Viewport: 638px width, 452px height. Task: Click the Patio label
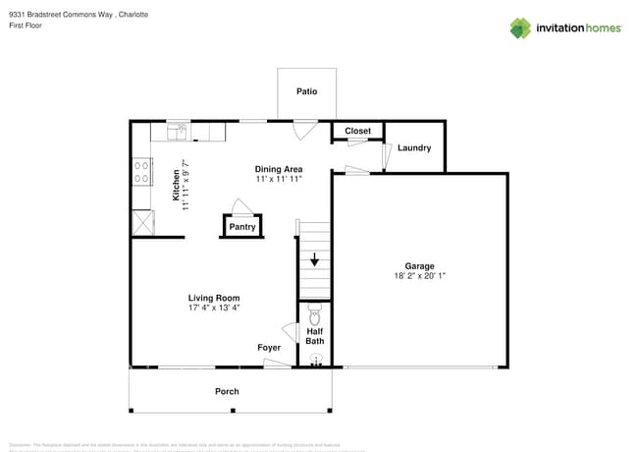[307, 91]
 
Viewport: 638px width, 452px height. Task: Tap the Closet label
[357, 131]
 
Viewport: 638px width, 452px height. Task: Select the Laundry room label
[414, 148]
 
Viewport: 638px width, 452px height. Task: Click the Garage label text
[419, 265]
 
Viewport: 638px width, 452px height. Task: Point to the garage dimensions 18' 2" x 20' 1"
[419, 276]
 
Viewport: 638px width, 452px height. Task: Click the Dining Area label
[278, 168]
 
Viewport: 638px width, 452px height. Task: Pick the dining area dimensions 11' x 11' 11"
[278, 179]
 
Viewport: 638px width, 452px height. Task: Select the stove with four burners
[143, 173]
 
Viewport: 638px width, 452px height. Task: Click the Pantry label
[242, 227]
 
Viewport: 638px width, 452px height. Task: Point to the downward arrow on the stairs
[314, 260]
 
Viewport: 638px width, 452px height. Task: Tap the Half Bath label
[315, 337]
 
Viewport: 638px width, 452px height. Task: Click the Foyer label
[269, 348]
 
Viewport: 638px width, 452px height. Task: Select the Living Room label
[214, 298]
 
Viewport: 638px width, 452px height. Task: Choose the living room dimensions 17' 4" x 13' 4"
[214, 308]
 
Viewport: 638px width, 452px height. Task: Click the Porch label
[227, 391]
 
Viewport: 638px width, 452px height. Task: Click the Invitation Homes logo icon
[520, 28]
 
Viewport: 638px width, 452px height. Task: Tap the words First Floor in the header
[27, 26]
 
